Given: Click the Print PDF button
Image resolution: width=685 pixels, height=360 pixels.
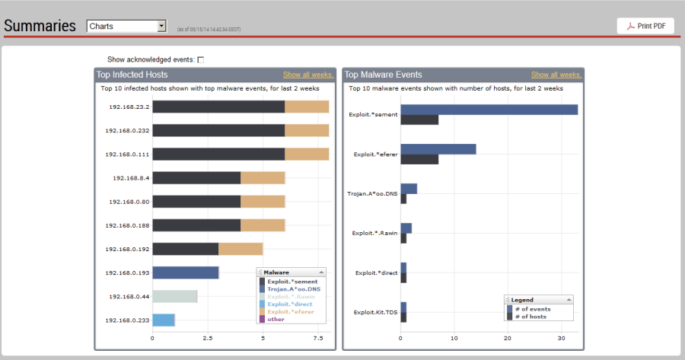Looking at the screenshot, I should coord(645,26).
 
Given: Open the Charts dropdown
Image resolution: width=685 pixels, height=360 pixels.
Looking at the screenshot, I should coord(126,27).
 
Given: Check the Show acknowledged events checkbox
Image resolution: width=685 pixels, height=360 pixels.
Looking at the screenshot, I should coord(201,59).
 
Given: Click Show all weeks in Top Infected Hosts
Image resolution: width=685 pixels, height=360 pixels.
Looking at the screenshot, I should coord(307,75).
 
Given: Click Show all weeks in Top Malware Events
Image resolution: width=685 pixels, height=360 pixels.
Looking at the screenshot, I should coord(556,75).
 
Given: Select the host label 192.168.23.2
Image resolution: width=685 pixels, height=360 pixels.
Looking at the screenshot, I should coord(127,107).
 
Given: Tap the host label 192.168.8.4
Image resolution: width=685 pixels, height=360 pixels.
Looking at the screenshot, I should coord(131,177).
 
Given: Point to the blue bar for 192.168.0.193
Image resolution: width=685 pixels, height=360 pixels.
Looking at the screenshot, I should coord(186,272).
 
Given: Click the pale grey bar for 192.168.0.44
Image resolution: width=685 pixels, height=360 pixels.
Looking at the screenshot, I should coord(175,296).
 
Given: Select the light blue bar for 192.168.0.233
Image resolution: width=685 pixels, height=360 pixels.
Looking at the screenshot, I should coord(164,320).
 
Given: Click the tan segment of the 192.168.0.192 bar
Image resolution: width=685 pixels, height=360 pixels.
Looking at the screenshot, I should coord(241,249).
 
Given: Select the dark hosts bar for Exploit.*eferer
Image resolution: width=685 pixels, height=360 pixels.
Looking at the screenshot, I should coord(419,159).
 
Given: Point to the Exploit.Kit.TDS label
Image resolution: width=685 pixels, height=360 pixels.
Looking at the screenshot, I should coord(375,312).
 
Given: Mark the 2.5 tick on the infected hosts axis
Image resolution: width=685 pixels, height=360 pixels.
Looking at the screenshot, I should coord(208,338).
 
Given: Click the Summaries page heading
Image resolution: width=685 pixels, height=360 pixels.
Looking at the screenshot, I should coord(40,26).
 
